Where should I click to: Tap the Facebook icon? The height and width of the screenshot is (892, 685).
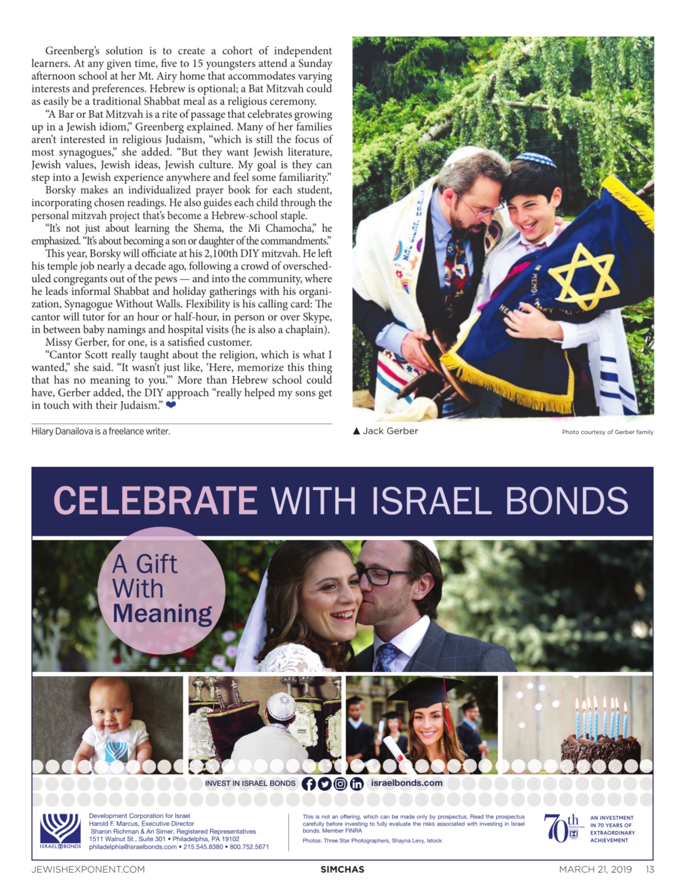click(309, 783)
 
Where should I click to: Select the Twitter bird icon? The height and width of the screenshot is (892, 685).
click(324, 783)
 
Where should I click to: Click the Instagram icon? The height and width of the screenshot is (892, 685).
click(340, 783)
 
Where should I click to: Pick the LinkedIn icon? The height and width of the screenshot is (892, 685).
click(357, 783)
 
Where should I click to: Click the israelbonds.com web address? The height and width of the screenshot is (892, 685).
click(406, 783)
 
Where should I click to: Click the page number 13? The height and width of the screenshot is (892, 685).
click(649, 869)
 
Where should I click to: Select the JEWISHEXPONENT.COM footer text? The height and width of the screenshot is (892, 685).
click(88, 869)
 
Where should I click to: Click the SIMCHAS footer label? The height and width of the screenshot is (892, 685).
click(342, 869)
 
